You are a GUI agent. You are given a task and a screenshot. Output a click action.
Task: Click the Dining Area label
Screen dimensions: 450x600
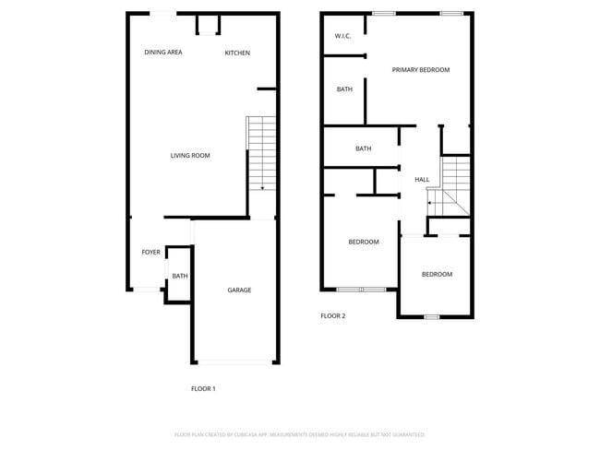point(163,53)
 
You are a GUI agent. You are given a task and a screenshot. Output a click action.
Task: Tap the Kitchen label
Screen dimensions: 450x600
point(237,53)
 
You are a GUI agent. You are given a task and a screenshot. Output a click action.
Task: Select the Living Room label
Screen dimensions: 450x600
point(190,156)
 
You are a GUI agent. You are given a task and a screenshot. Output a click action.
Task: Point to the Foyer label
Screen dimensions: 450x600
point(150,252)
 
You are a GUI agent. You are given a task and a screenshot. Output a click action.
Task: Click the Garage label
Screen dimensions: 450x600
point(239,290)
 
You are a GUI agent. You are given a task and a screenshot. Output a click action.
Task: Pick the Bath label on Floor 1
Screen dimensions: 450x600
point(179,276)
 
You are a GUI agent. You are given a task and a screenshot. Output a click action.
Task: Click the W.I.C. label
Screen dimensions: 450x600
point(343,37)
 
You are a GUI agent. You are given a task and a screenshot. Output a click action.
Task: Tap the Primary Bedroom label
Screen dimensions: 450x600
point(420,70)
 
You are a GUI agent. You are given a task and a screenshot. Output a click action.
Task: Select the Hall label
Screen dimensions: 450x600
point(422,180)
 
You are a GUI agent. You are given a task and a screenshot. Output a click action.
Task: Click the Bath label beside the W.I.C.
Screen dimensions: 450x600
point(344,89)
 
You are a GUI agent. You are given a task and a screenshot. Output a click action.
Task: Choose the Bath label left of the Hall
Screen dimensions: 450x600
point(364,148)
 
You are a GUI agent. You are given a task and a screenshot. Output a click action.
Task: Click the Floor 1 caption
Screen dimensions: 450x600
point(203,389)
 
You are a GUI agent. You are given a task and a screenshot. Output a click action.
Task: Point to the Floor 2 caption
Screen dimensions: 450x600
point(332,316)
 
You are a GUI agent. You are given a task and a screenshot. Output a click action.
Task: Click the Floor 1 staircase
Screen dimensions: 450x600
point(262,153)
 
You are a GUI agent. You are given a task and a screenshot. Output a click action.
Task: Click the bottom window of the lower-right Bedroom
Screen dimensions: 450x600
point(431,317)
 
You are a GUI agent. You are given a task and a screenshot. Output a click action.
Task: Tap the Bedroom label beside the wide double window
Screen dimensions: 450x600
point(364,243)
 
